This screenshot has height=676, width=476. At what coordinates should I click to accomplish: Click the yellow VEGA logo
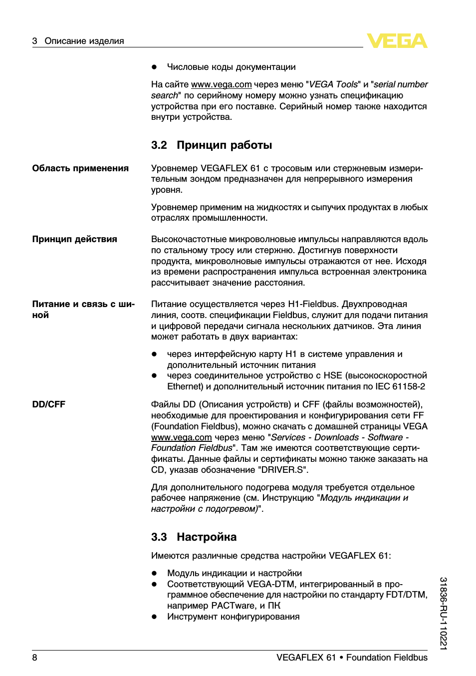tap(397, 40)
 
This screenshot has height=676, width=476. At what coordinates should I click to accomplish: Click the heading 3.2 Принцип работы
tap(212, 145)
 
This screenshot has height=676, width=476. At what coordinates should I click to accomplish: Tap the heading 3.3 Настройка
tap(194, 537)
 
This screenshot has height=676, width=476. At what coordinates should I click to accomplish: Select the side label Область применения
tap(80, 169)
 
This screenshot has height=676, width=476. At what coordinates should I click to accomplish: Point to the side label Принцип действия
tap(74, 240)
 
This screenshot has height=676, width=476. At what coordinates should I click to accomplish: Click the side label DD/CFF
tap(48, 405)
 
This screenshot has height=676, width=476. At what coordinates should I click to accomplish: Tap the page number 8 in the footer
tap(35, 658)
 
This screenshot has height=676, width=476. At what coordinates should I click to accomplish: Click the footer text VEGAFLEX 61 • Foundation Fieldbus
tap(352, 658)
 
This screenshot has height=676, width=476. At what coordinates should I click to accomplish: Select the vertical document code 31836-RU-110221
tap(443, 613)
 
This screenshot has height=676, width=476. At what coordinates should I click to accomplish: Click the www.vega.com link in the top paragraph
tap(221, 85)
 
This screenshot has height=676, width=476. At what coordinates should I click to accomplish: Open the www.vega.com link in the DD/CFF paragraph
tap(181, 438)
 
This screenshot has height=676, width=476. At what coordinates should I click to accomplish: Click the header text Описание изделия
tap(84, 41)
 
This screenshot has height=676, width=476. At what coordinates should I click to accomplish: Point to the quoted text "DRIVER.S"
tap(283, 470)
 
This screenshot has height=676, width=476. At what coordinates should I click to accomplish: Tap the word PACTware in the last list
tap(233, 606)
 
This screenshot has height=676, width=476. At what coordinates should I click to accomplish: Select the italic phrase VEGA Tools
tap(333, 85)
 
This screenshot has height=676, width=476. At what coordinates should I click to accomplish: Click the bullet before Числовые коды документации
tap(155, 67)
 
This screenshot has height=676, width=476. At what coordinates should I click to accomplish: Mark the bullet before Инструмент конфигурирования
tap(155, 617)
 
